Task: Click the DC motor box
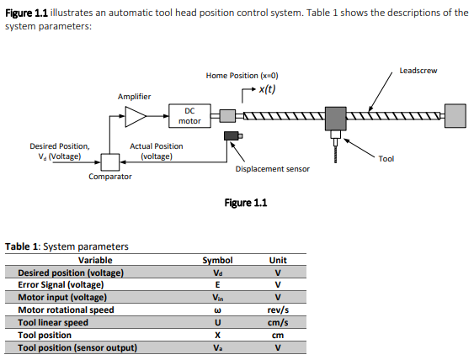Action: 189,115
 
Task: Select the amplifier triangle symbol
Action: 135,116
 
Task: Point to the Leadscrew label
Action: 418,71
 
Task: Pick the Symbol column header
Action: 217,260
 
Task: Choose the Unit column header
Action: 278,260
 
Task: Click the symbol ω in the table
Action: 217,310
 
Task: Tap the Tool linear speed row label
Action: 53,322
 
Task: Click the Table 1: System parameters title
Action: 67,246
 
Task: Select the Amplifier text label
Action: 135,97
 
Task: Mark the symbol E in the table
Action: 217,285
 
